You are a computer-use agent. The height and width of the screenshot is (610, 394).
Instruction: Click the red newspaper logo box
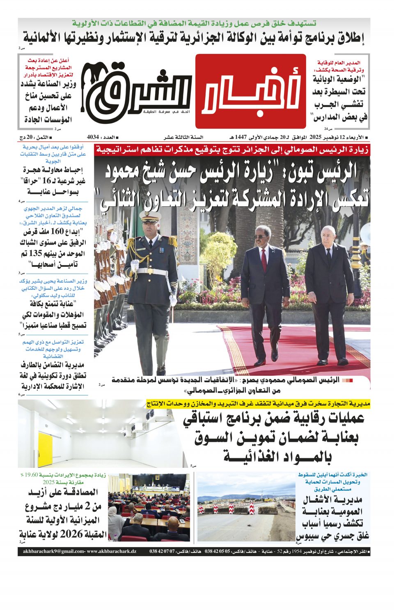(250, 91)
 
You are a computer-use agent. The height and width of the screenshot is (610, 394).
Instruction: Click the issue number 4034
(93, 137)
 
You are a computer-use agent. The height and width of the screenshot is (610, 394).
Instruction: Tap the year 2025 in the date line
(316, 137)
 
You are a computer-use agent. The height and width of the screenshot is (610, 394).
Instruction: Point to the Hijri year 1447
(241, 137)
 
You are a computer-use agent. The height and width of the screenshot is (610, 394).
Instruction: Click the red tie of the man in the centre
(262, 257)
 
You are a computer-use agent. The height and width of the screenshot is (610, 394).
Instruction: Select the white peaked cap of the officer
(149, 215)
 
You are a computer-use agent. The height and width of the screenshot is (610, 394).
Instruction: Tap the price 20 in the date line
(30, 137)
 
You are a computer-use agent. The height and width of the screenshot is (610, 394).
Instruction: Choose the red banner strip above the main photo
(232, 150)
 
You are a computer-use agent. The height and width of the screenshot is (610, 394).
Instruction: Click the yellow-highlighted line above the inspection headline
(258, 404)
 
